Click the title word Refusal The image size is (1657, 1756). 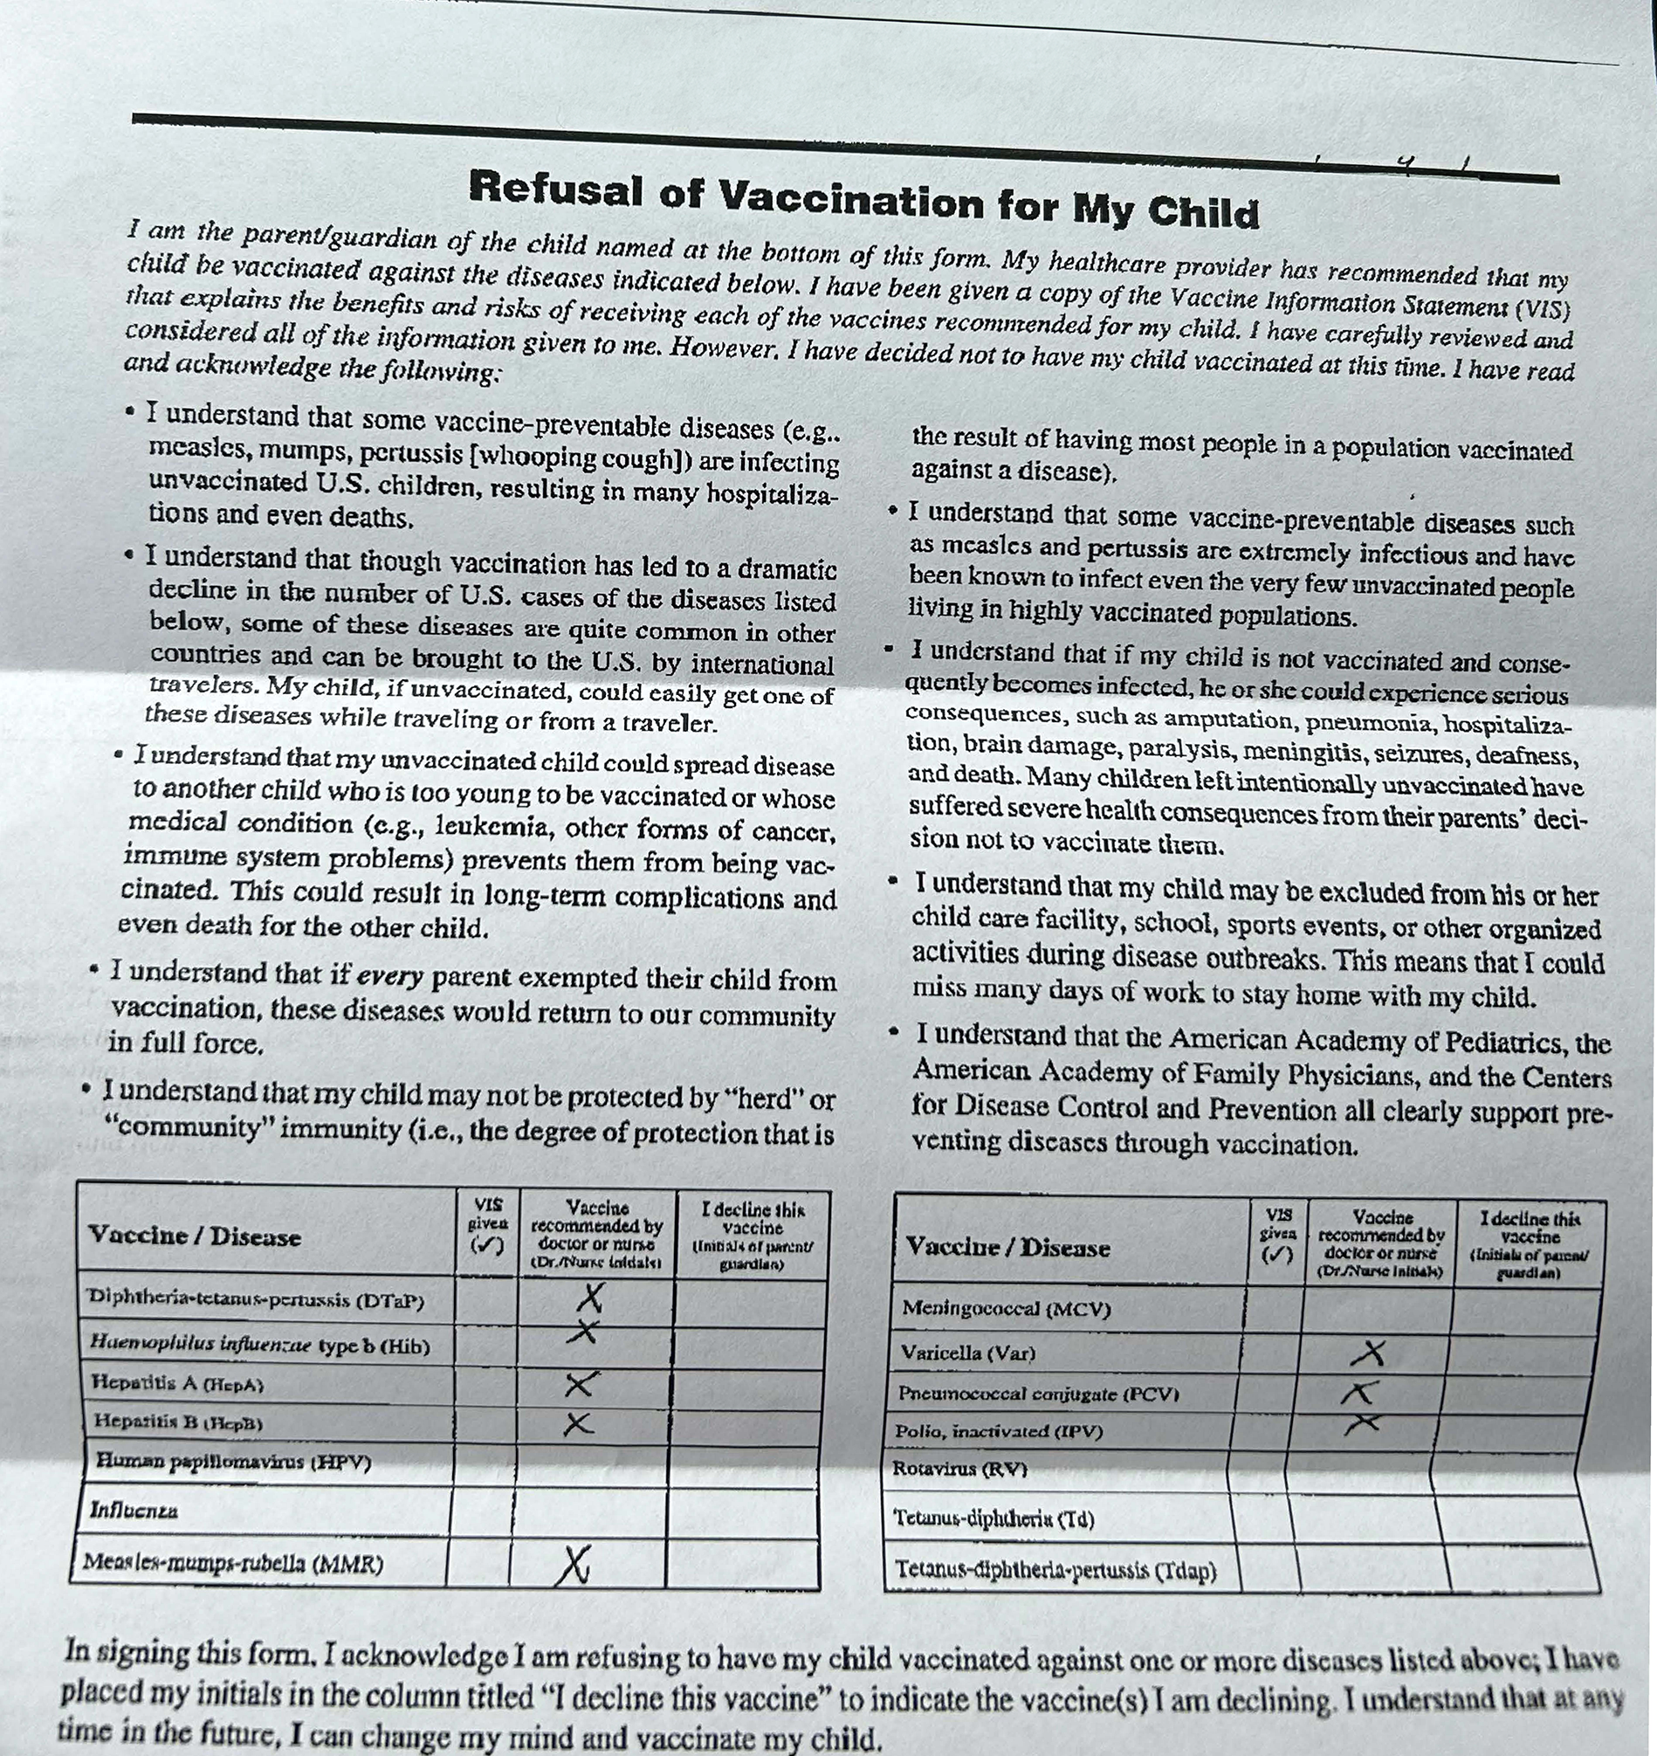pos(554,187)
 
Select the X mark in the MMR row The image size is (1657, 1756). pos(575,1566)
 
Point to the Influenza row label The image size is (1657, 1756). pos(134,1510)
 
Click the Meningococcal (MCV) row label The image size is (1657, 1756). pos(1006,1308)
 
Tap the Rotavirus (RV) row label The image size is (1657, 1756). pos(961,1468)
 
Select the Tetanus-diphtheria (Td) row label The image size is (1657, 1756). pos(994,1518)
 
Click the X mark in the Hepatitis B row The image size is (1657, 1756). pos(579,1423)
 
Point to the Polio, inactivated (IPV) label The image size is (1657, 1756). pos(999,1430)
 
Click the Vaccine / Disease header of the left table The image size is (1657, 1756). pos(195,1235)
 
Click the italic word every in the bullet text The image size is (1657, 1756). pos(388,976)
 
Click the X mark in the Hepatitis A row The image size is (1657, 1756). pos(581,1383)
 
